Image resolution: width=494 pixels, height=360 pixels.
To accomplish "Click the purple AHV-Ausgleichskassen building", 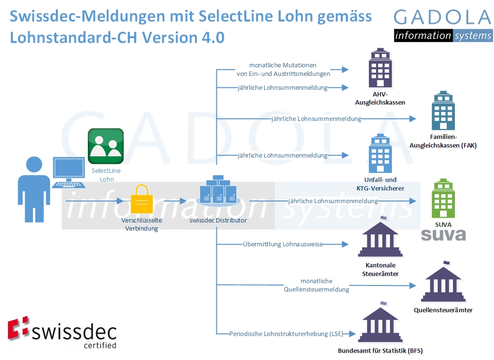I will pyautogui.click(x=380, y=67).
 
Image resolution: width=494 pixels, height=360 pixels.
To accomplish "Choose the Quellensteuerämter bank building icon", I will pyautogui.click(x=443, y=282).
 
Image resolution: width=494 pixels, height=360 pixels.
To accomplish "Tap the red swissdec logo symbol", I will pyautogui.click(x=19, y=329).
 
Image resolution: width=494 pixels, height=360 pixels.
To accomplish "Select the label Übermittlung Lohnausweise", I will pyautogui.click(x=283, y=244).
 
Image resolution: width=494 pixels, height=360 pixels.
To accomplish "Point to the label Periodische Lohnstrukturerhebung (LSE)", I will pyautogui.click(x=286, y=333).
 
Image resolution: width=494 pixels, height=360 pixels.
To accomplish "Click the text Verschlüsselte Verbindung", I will pyautogui.click(x=141, y=224).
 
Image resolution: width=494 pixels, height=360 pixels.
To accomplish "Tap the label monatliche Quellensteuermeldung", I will pyautogui.click(x=316, y=285).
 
